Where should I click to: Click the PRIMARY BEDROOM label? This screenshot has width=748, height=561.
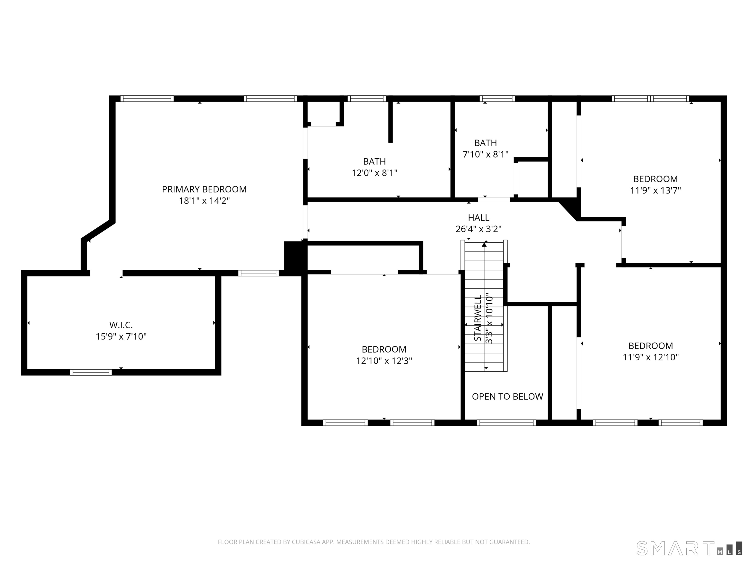pyautogui.click(x=204, y=189)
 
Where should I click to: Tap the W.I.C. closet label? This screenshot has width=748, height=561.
pyautogui.click(x=121, y=325)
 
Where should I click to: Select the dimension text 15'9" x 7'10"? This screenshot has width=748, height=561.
pyautogui.click(x=121, y=337)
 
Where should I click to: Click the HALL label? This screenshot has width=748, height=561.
pyautogui.click(x=478, y=217)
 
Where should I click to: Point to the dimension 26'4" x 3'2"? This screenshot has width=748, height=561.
pyautogui.click(x=478, y=229)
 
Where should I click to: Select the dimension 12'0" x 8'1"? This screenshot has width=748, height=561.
pyautogui.click(x=374, y=173)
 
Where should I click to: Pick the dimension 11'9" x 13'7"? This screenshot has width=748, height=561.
pyautogui.click(x=655, y=190)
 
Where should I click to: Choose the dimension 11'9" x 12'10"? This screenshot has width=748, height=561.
pyautogui.click(x=651, y=357)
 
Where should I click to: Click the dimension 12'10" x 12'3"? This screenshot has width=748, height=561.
pyautogui.click(x=384, y=361)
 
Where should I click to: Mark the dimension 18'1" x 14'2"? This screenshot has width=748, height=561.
pyautogui.click(x=204, y=201)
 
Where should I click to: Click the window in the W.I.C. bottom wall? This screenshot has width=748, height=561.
pyautogui.click(x=91, y=372)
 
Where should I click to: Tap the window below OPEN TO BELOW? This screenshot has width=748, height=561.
pyautogui.click(x=506, y=423)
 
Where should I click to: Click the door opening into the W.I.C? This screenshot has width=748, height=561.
pyautogui.click(x=106, y=273)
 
